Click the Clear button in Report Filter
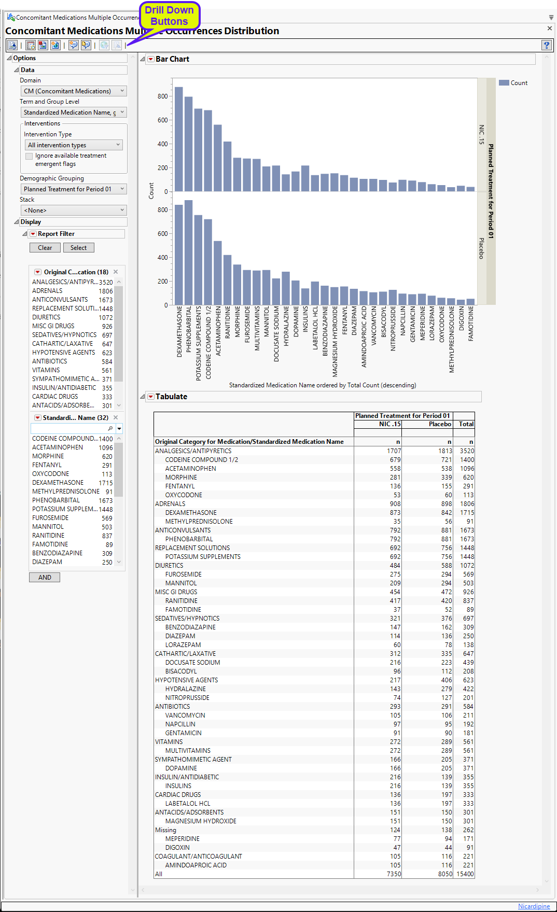coord(45,248)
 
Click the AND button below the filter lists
coord(45,577)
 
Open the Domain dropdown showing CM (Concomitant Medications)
coord(74,91)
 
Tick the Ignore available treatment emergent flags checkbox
coord(29,156)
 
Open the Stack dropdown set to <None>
coord(74,211)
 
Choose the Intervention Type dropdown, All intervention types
coord(74,145)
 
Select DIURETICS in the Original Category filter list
coord(47,317)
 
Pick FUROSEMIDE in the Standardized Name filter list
coord(50,518)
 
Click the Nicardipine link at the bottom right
coord(534,906)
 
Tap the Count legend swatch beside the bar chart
coord(504,83)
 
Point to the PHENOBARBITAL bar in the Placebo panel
coord(188,252)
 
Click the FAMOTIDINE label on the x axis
coord(471,324)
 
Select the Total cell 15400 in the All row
coord(465,874)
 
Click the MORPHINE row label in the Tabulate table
coord(181,478)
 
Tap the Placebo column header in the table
coord(440,424)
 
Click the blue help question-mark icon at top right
coord(546,45)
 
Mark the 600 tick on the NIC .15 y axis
coord(163,120)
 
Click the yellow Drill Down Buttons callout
coord(169,16)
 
